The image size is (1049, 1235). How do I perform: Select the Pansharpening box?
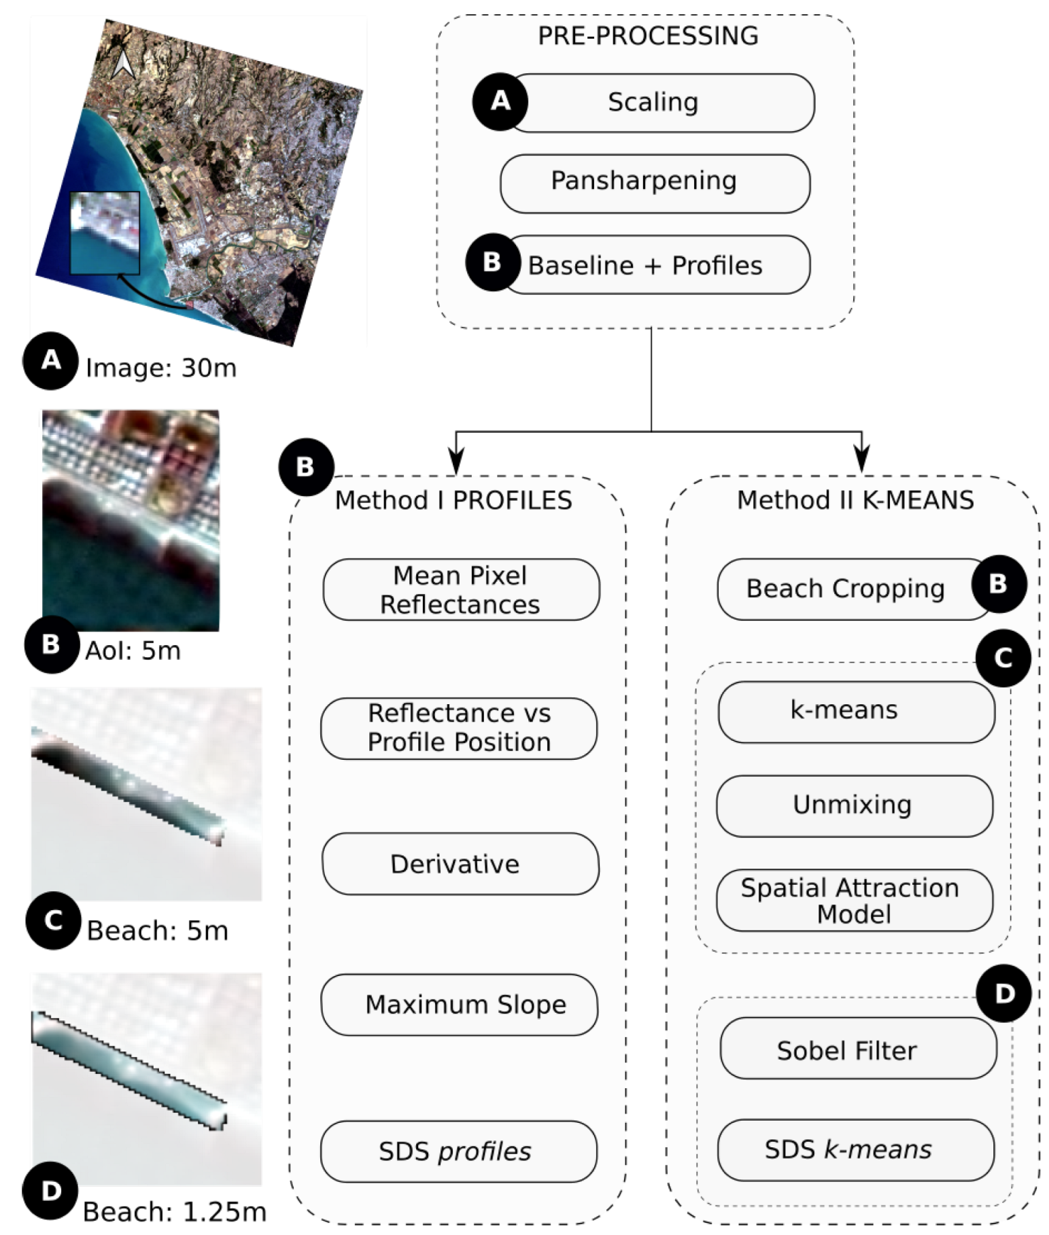pyautogui.click(x=655, y=183)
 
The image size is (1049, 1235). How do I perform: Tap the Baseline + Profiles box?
pyautogui.click(x=657, y=265)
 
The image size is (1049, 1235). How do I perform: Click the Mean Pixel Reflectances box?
pyautogui.click(x=461, y=589)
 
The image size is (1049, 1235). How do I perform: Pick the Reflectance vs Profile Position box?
pyautogui.click(x=459, y=728)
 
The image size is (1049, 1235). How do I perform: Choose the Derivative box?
pyautogui.click(x=460, y=863)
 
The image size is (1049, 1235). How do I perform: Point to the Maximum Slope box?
pyautogui.click(x=460, y=1005)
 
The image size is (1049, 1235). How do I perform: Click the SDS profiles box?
pyautogui.click(x=459, y=1151)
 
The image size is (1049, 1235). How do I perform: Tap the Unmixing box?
pyautogui.click(x=854, y=805)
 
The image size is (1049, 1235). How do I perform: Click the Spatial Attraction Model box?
pyautogui.click(x=854, y=900)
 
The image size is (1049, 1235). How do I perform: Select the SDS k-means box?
pyautogui.click(x=855, y=1149)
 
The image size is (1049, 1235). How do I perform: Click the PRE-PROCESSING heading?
pyautogui.click(x=648, y=35)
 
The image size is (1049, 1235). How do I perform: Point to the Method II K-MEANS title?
pyautogui.click(x=855, y=500)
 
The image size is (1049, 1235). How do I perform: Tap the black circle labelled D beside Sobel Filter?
pyautogui.click(x=1003, y=994)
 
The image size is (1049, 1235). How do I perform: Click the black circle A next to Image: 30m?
pyautogui.click(x=51, y=360)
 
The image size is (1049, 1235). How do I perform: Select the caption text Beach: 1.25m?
pyautogui.click(x=175, y=1211)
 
